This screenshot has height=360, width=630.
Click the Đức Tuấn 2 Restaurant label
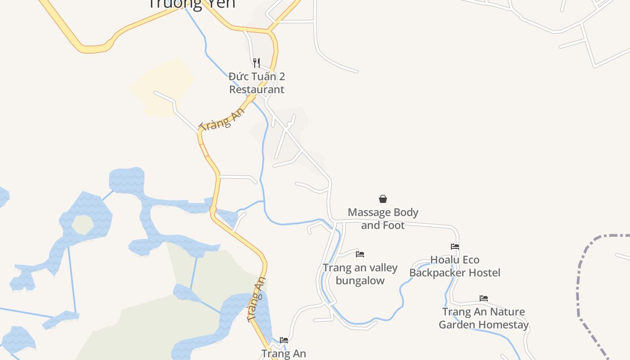point(256,83)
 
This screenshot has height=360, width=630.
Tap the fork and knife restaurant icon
point(256,63)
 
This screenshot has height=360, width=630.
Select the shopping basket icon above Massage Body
point(383,199)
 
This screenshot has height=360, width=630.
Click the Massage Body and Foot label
point(383,219)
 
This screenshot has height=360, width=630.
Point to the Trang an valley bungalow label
point(360,274)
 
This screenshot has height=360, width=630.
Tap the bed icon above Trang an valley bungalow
point(360,254)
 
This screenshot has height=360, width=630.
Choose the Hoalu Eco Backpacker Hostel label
point(455,266)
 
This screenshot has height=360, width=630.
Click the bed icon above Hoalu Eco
point(455,247)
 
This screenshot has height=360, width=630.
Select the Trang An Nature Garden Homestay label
point(484,318)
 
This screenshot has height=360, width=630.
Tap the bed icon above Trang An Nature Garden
point(484,298)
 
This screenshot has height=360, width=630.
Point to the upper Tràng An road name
point(223,120)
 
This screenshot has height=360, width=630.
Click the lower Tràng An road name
point(257,300)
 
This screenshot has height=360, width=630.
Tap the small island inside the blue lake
point(82,225)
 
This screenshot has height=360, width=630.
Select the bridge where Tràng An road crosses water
point(213,210)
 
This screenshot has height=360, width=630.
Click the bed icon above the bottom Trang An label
point(284,340)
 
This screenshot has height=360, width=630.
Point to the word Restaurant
point(256,89)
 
